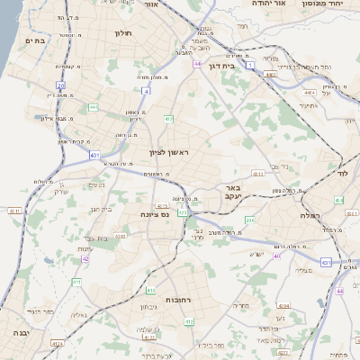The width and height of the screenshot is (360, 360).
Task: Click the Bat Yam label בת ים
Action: (36, 40)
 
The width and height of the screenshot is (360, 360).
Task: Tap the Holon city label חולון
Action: (123, 33)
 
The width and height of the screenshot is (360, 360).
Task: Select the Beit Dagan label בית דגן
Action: (233, 66)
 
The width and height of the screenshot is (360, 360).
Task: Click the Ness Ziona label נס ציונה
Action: (156, 214)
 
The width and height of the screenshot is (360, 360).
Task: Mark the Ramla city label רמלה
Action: (312, 216)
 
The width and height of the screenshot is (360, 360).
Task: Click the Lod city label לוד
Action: (342, 172)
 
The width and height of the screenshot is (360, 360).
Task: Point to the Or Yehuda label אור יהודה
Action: (266, 4)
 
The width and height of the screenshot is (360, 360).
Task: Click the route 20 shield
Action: (61, 85)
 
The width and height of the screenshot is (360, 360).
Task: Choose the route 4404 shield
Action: (310, 93)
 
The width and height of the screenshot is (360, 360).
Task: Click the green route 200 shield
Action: (250, 220)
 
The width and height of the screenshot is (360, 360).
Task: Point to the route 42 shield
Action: (85, 258)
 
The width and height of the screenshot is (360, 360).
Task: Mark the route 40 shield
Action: (277, 256)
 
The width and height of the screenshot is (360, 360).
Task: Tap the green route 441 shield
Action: (93, 108)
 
